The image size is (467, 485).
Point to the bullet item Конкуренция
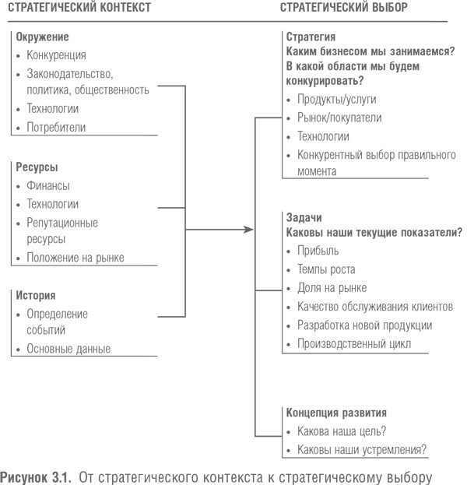tap(56, 55)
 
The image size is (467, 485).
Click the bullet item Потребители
tap(56, 127)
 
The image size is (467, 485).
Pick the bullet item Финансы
tap(48, 185)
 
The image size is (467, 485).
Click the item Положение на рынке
tap(75, 257)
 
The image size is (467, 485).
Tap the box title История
tap(36, 296)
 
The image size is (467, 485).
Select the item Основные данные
tap(68, 349)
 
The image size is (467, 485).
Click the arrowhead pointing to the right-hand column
tap(249, 230)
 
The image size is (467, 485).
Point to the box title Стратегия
tap(311, 37)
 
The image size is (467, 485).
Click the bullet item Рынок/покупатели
tap(339, 118)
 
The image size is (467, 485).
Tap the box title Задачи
tap(304, 218)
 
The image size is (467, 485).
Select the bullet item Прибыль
tap(318, 251)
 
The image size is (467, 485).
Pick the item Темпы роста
tap(326, 269)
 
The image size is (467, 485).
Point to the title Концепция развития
tap(336, 413)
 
